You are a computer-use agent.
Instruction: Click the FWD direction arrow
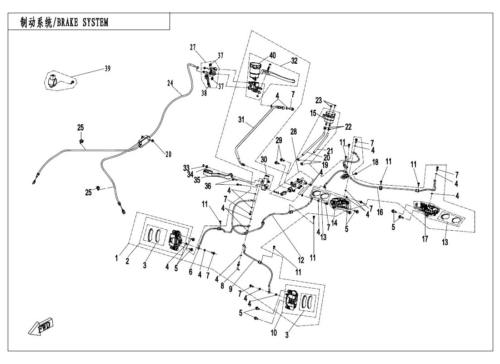coord(40,326)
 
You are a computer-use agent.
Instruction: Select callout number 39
coord(107,69)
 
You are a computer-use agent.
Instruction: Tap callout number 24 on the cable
coord(170,83)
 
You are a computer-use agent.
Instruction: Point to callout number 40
coord(272,56)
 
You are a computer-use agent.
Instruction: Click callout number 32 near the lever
coord(294,61)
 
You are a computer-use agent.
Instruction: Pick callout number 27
coord(193,47)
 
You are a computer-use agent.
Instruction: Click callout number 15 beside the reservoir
coord(313,112)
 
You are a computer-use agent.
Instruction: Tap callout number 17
coord(425,238)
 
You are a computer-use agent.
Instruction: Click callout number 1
coord(117,258)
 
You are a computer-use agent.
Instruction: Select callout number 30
coord(263,159)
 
